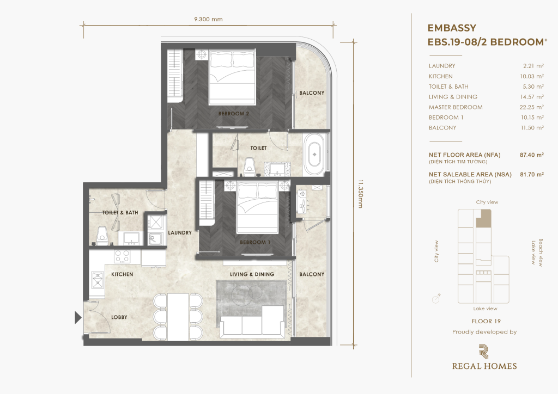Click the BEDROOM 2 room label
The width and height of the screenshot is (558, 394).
[x=233, y=114]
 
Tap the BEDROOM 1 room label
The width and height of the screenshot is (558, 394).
[x=255, y=242]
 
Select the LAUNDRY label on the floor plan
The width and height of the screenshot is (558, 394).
[x=180, y=233]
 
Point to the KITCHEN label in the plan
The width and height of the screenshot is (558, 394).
[x=122, y=274]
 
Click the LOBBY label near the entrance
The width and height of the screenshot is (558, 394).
[x=119, y=317]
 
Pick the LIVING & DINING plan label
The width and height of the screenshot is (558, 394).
[x=252, y=274]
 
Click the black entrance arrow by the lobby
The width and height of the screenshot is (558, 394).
[x=78, y=318]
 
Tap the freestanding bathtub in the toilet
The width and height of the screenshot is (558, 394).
[x=314, y=155]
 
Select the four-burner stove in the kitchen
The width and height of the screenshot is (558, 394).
[x=122, y=256]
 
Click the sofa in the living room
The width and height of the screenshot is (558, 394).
[x=252, y=321]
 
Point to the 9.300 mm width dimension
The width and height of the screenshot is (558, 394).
[x=208, y=20]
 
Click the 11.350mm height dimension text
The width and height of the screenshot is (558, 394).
[x=360, y=194]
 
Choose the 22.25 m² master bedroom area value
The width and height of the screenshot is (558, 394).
[x=531, y=107]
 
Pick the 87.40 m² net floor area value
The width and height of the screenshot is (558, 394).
[x=532, y=155]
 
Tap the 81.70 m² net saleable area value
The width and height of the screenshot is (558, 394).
[x=532, y=175]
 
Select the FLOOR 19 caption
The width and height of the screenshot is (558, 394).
[x=486, y=321]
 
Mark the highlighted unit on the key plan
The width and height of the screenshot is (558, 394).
[x=484, y=218]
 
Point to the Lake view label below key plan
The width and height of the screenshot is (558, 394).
[x=485, y=309]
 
